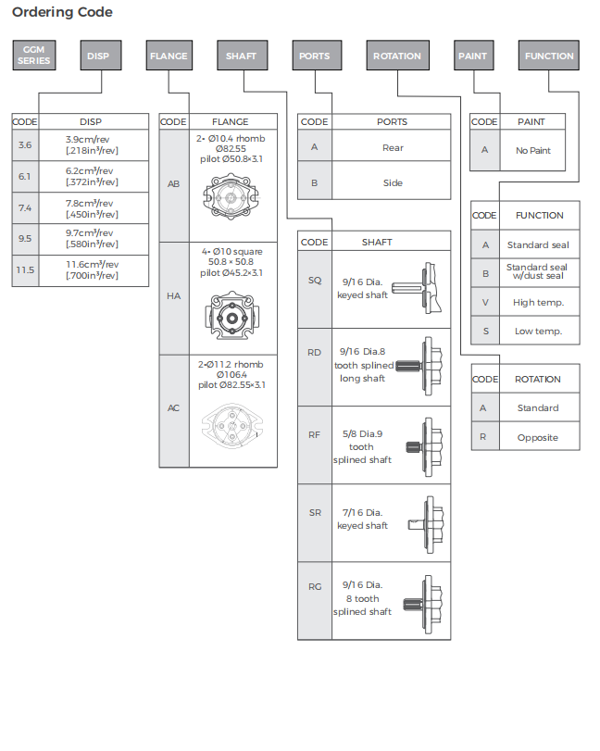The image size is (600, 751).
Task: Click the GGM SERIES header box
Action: click(x=34, y=55)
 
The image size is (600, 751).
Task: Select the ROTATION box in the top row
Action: click(x=397, y=55)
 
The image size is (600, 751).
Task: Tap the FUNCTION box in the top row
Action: click(x=549, y=55)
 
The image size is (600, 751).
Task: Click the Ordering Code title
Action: click(x=62, y=12)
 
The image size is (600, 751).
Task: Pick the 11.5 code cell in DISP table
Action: click(x=25, y=270)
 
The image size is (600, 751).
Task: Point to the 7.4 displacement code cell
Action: click(x=25, y=207)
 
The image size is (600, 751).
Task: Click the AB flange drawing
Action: click(x=231, y=197)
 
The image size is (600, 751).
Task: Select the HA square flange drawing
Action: click(x=232, y=316)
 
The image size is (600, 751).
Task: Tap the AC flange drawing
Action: click(x=232, y=425)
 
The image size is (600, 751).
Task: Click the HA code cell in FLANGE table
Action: click(x=174, y=296)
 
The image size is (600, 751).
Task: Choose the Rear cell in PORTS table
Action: click(x=392, y=147)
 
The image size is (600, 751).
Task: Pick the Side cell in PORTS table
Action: click(x=392, y=182)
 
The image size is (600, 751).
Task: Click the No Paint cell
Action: click(x=532, y=150)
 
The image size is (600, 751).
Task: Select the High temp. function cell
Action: click(x=539, y=302)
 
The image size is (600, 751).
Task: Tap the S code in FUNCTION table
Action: click(x=485, y=331)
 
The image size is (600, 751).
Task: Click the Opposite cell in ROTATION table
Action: click(x=539, y=437)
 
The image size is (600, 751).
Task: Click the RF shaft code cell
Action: click(x=315, y=435)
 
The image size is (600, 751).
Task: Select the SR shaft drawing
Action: click(x=426, y=524)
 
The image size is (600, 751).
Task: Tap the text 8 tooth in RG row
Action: click(x=362, y=599)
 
